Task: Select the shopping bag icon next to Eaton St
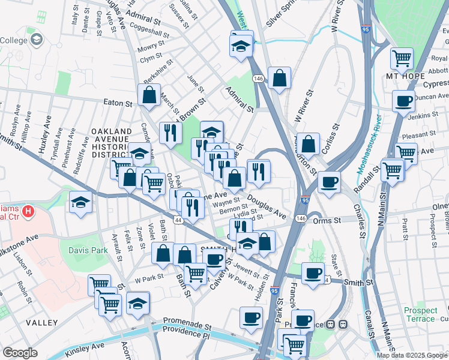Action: pyautogui.click(x=149, y=95)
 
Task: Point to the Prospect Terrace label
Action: pyautogui.click(x=420, y=314)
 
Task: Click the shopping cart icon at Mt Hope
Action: pyautogui.click(x=402, y=58)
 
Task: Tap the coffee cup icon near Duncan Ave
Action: pyautogui.click(x=403, y=100)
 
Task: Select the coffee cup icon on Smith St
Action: pyautogui.click(x=312, y=274)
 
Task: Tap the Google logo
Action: pyautogui.click(x=20, y=352)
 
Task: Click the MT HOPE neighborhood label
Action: pyautogui.click(x=400, y=76)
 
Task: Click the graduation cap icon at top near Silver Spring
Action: pyautogui.click(x=241, y=46)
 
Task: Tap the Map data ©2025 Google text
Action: pyautogui.click(x=412, y=355)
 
